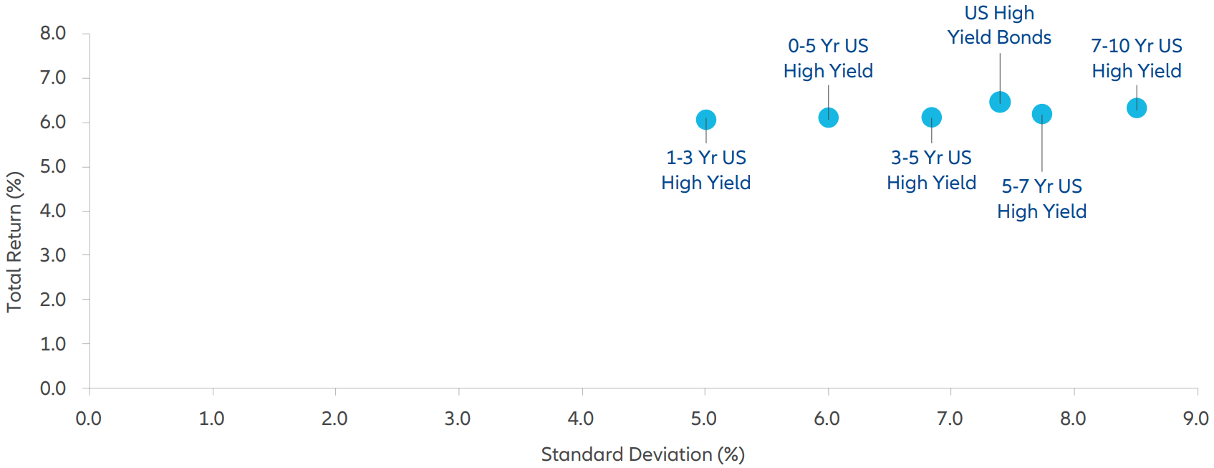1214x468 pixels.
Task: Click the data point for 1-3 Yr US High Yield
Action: pyautogui.click(x=705, y=120)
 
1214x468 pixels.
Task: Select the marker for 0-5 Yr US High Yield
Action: pyautogui.click(x=828, y=118)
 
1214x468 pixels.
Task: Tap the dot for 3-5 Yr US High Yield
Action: pyautogui.click(x=931, y=118)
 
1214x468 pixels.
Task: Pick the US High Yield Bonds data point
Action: pyautogui.click(x=1000, y=102)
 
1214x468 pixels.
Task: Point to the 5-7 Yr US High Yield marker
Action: pyautogui.click(x=1041, y=114)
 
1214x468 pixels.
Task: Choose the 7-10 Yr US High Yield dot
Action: pyautogui.click(x=1137, y=108)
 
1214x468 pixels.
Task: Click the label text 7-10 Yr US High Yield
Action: pyautogui.click(x=1137, y=58)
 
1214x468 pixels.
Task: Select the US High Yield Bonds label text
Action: pyautogui.click(x=999, y=25)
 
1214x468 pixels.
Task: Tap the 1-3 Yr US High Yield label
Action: pyautogui.click(x=705, y=170)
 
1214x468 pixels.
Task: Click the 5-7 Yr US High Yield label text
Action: pyautogui.click(x=1041, y=199)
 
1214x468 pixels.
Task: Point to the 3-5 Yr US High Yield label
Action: pyautogui.click(x=931, y=170)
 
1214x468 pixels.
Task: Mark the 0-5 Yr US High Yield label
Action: pyautogui.click(x=828, y=58)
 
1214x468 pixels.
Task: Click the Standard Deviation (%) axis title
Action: pyautogui.click(x=642, y=454)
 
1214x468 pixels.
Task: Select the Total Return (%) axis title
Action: pyautogui.click(x=14, y=242)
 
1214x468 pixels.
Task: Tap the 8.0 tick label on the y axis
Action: pyautogui.click(x=52, y=33)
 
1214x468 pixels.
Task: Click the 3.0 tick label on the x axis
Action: pyautogui.click(x=457, y=419)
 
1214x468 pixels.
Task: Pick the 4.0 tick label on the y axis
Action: pyautogui.click(x=52, y=211)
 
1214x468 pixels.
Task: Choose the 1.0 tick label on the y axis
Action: pyautogui.click(x=52, y=344)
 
